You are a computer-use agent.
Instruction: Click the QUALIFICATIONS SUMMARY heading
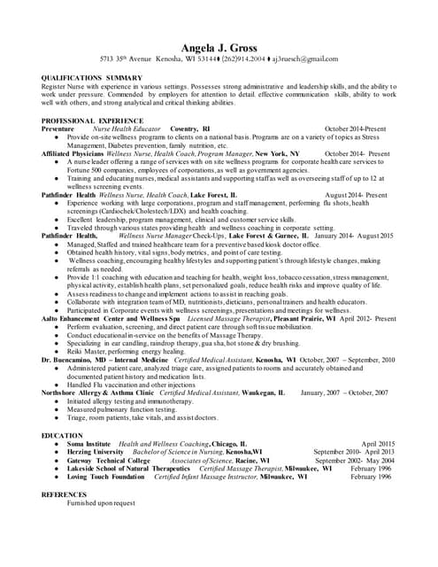click(92, 78)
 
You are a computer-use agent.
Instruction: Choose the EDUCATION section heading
click(62, 436)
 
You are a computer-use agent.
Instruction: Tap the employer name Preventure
click(58, 128)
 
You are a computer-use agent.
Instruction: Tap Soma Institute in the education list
click(88, 444)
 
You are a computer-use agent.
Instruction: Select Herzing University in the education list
click(93, 452)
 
